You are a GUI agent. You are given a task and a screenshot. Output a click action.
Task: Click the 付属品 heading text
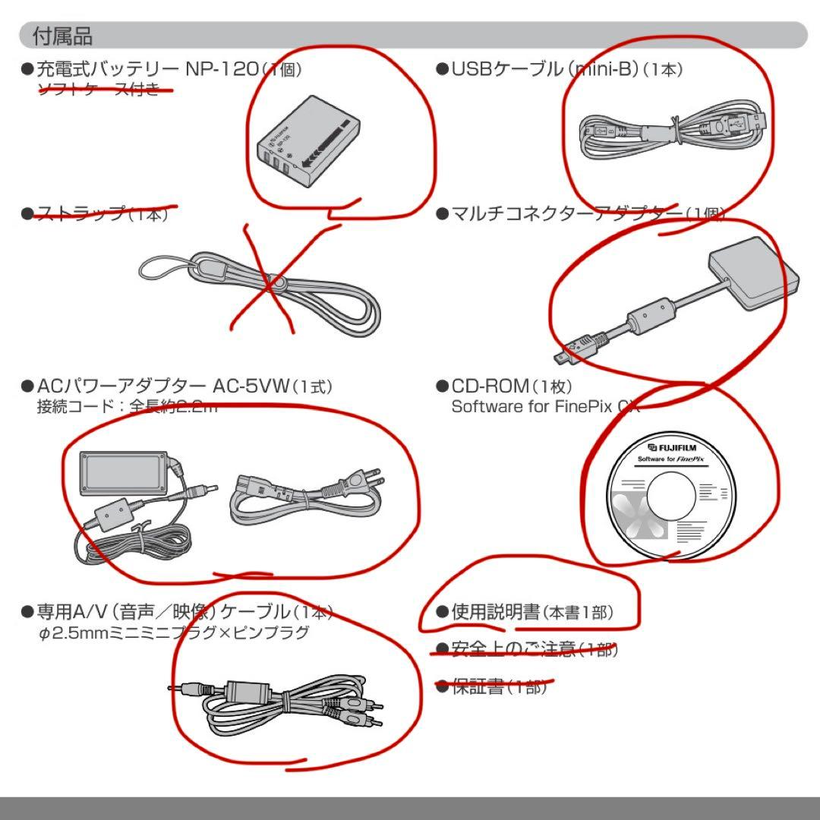pos(62,36)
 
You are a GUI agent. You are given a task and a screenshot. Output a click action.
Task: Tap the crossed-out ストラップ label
pos(80,213)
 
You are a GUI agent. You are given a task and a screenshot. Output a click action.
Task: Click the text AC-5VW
pos(251,386)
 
